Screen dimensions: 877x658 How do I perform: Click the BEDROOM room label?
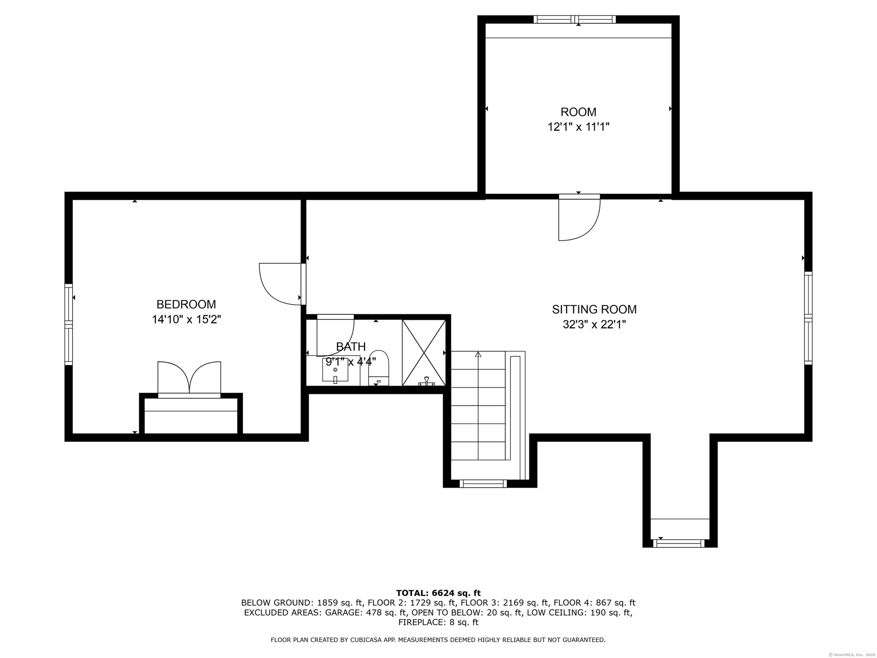[186, 304]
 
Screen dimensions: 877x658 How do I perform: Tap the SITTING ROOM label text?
[594, 309]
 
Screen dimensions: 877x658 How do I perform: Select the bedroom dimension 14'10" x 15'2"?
[186, 319]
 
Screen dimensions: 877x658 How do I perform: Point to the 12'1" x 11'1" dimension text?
[579, 127]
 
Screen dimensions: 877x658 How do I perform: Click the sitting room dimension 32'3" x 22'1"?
[594, 324]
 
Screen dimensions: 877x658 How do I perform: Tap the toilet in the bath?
[378, 368]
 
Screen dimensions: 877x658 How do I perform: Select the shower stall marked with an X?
[424, 353]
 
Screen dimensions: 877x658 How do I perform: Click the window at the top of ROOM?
[575, 19]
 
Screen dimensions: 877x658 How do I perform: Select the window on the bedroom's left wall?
[69, 324]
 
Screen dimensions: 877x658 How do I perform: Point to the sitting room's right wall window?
[808, 318]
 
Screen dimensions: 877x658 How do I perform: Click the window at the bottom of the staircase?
[483, 483]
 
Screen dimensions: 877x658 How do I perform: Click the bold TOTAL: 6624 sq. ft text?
[438, 593]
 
